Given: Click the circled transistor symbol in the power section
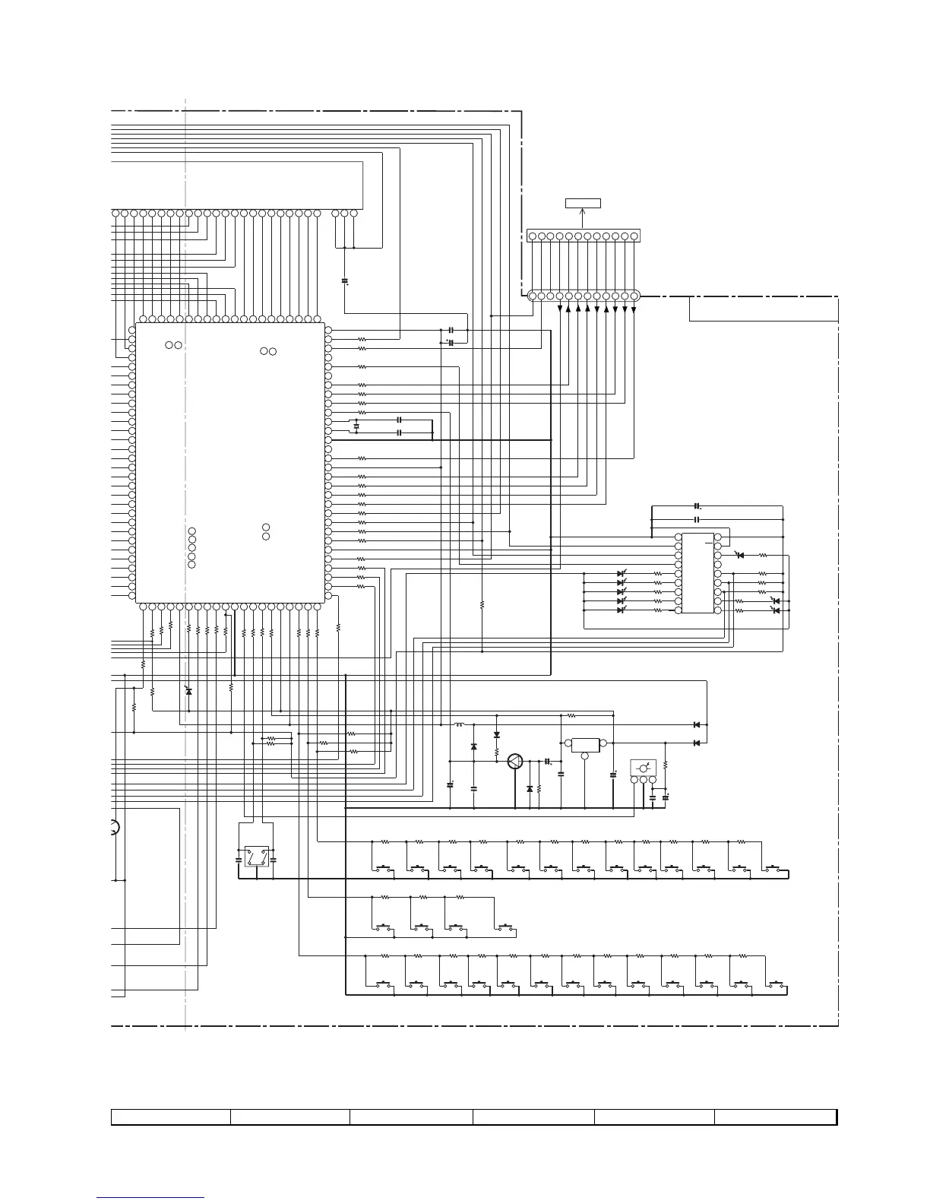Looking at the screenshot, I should (516, 762).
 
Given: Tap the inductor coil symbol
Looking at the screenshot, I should (459, 725).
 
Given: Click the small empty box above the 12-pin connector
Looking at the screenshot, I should (583, 203).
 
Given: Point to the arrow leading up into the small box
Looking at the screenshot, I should (583, 218).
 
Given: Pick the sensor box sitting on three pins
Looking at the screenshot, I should (643, 768).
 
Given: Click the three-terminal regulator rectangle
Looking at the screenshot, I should (585, 743).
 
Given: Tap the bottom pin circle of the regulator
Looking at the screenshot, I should (585, 756).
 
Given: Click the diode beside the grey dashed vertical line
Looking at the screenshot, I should (189, 691).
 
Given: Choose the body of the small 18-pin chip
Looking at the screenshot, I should (697, 573).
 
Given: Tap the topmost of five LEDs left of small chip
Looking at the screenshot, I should (621, 573).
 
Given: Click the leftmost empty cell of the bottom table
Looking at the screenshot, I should (171, 1117).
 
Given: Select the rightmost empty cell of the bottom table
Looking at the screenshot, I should (775, 1117).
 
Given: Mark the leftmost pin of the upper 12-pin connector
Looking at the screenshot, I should (532, 236).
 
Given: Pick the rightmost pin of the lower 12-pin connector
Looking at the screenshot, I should (634, 296).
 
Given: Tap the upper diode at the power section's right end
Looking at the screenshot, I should (697, 724).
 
